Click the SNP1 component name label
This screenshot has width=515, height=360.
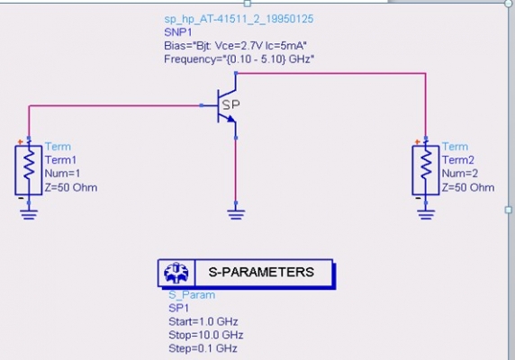(x=178, y=32)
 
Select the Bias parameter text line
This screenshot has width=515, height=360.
(x=236, y=46)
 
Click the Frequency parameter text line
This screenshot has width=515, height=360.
(x=239, y=59)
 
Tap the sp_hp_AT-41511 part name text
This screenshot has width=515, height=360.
(x=239, y=19)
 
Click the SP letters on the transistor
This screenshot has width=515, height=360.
(x=230, y=104)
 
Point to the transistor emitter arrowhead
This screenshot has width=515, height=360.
(x=231, y=119)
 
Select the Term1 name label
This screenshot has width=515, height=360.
(x=60, y=160)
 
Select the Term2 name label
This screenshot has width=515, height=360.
(x=458, y=160)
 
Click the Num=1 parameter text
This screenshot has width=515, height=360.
(x=62, y=174)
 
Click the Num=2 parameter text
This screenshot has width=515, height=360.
(x=460, y=174)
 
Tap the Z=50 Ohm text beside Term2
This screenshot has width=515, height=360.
(x=468, y=187)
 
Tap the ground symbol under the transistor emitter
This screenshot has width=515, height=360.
(x=236, y=213)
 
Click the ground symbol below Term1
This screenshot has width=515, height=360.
(x=29, y=214)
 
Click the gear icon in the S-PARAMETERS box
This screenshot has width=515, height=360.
(x=176, y=273)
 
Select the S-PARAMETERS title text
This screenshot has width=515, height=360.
(x=261, y=272)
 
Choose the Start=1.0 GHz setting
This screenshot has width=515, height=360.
(x=203, y=321)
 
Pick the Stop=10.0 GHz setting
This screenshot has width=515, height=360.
(x=206, y=335)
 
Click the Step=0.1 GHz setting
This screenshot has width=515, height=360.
(x=203, y=348)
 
